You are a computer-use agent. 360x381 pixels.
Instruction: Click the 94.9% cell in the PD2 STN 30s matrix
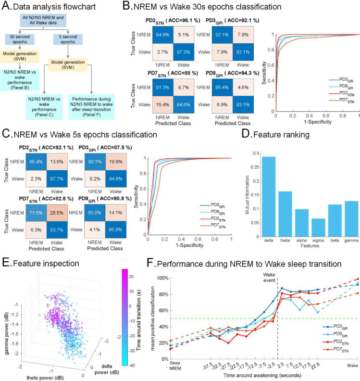(x=165, y=33)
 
